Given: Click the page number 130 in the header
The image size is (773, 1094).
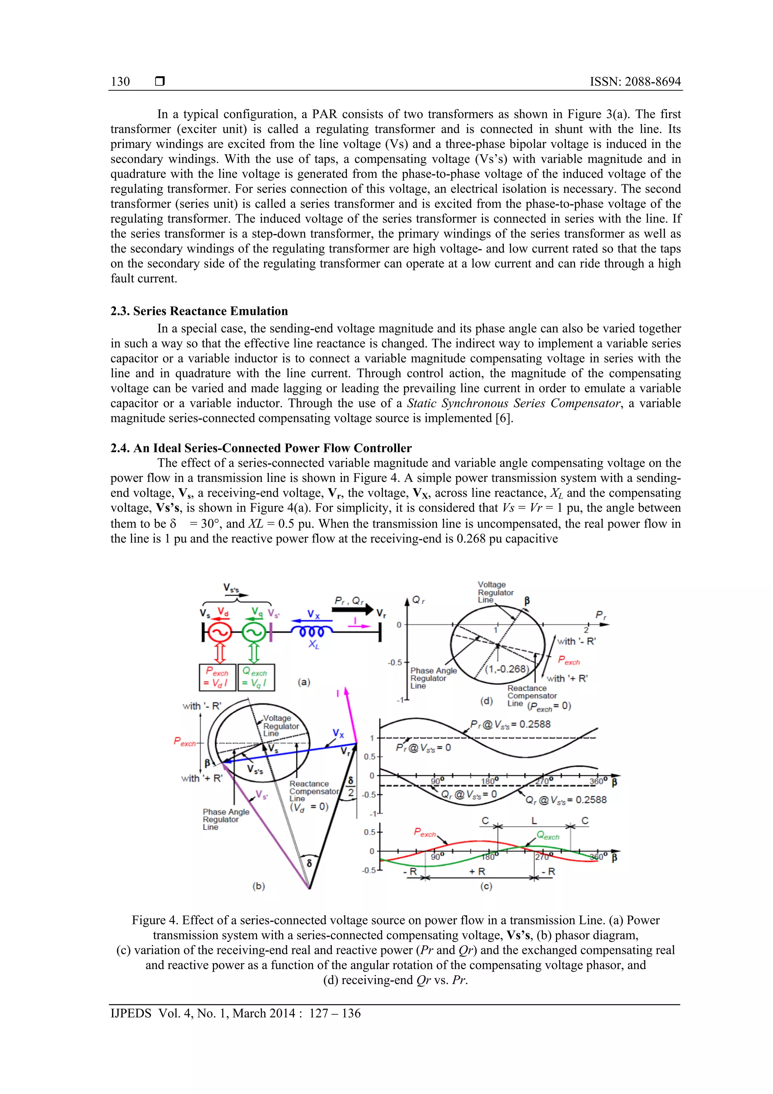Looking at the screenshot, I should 120,82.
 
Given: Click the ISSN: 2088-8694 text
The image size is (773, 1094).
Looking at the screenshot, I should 635,82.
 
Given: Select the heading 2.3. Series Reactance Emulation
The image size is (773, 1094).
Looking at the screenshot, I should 199,311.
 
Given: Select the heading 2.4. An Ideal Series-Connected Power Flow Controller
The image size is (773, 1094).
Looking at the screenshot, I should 261,448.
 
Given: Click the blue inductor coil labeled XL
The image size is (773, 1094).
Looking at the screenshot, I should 312,631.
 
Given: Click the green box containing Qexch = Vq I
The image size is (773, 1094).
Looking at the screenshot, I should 256,677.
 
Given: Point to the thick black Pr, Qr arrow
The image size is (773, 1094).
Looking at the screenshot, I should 353,609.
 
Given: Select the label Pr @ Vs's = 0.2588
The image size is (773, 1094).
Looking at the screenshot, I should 510,725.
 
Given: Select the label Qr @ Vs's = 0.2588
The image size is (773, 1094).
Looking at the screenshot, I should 566,800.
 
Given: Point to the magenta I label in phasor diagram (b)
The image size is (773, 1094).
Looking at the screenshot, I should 338,694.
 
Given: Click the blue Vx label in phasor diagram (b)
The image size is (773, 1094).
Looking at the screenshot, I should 338,733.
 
